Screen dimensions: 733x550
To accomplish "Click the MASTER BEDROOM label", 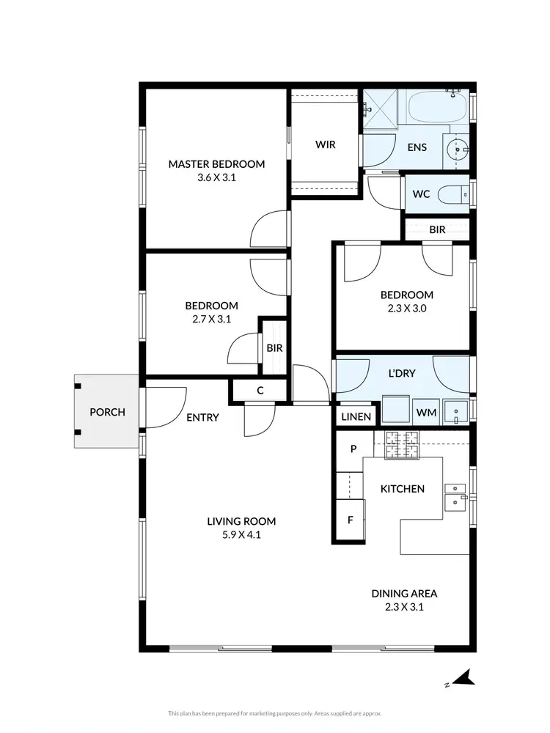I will click(x=216, y=164).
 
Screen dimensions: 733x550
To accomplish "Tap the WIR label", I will click(x=326, y=144).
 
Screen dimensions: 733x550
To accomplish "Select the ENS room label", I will click(x=417, y=147).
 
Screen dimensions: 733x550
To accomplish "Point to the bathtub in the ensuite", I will click(x=438, y=108).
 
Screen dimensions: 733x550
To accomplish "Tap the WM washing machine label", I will click(x=426, y=413).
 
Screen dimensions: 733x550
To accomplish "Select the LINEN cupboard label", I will click(x=357, y=416).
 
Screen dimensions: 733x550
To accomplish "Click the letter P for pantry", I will click(x=353, y=449).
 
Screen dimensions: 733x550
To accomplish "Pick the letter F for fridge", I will click(x=351, y=520).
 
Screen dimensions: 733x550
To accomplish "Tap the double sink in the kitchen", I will click(x=455, y=496).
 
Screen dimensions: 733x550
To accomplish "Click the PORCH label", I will click(x=107, y=412).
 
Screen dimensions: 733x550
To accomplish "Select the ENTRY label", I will click(x=202, y=417).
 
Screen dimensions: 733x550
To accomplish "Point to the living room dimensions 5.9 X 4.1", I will click(x=241, y=535).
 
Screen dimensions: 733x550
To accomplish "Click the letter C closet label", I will click(x=260, y=391).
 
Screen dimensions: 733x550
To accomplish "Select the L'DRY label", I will click(x=402, y=373).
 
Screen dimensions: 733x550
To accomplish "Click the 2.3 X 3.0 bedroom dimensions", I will click(x=406, y=309).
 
